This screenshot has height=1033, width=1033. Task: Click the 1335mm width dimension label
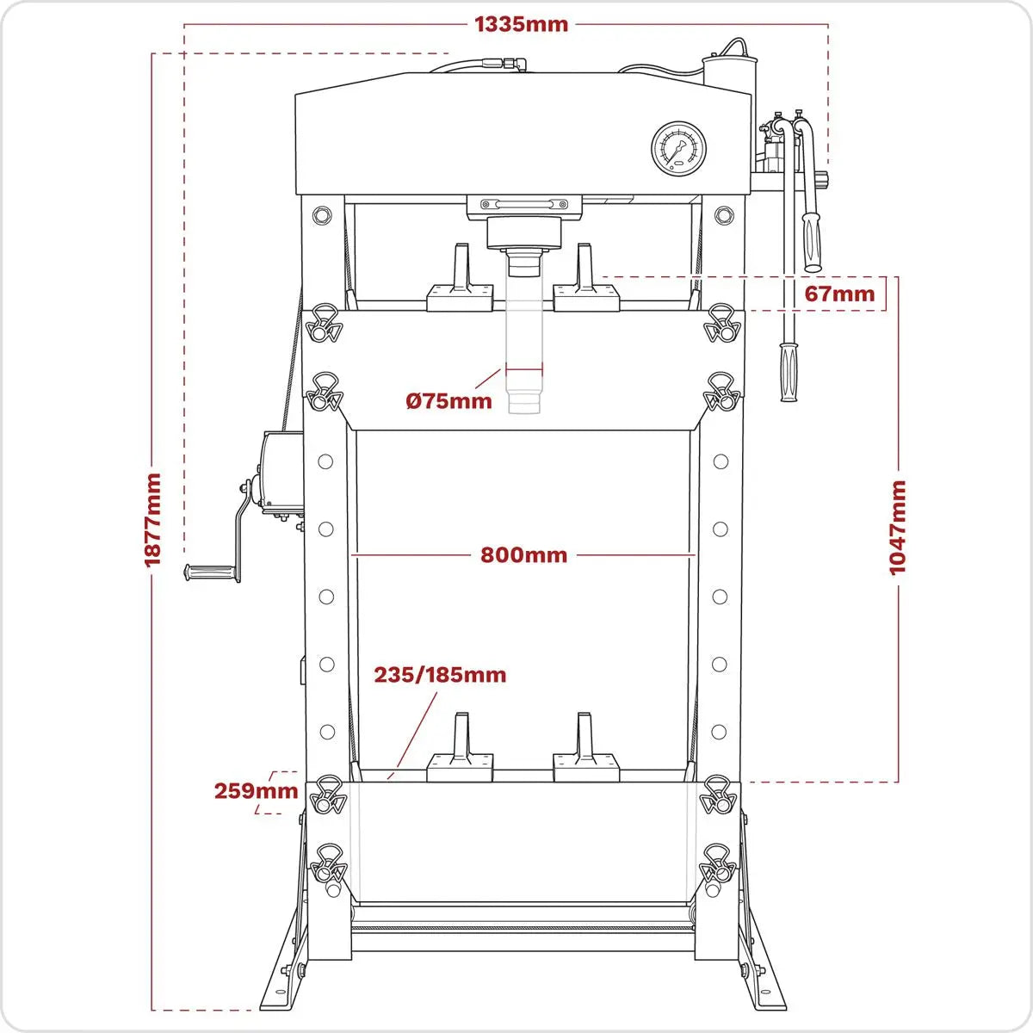pyautogui.click(x=521, y=24)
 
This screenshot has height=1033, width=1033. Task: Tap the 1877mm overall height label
pyautogui.click(x=153, y=519)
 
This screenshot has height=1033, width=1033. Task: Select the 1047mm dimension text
pyautogui.click(x=897, y=528)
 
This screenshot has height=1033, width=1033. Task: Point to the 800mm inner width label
pyautogui.click(x=523, y=555)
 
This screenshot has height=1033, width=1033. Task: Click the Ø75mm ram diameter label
pyautogui.click(x=448, y=400)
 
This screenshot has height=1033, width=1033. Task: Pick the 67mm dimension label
pyautogui.click(x=838, y=294)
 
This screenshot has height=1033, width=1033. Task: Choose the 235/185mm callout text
pyautogui.click(x=439, y=674)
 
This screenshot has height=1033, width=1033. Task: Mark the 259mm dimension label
pyautogui.click(x=256, y=790)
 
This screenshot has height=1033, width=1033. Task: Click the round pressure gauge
pyautogui.click(x=679, y=147)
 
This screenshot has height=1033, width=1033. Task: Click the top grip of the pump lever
pyautogui.click(x=811, y=241)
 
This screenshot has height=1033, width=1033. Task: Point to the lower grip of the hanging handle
pyautogui.click(x=787, y=372)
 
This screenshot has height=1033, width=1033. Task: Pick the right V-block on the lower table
pyautogui.click(x=585, y=749)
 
